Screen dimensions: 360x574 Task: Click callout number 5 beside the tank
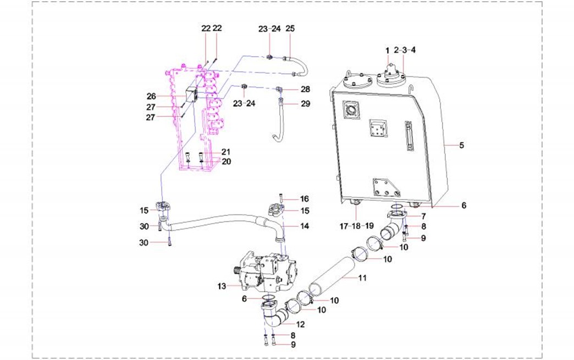click(x=462, y=145)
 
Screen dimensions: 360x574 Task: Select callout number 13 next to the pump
click(x=222, y=286)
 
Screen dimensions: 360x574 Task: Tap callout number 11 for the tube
click(x=362, y=278)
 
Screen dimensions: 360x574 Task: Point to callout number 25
click(x=290, y=29)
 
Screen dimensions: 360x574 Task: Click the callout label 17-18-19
click(x=357, y=225)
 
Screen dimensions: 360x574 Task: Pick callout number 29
click(x=306, y=103)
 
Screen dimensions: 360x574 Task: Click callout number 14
click(x=304, y=225)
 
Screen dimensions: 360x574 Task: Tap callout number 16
click(x=304, y=198)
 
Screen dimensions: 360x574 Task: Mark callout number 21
click(x=226, y=152)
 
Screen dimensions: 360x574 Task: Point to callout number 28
click(x=306, y=89)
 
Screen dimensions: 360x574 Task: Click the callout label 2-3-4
click(x=405, y=50)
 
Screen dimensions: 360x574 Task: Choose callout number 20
click(x=226, y=161)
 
